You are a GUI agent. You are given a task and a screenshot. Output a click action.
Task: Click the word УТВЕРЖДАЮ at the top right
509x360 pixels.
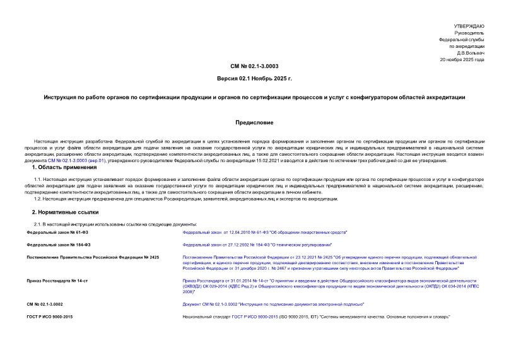[x=470, y=25]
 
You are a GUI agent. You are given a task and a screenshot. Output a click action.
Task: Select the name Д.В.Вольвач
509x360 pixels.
[x=471, y=53]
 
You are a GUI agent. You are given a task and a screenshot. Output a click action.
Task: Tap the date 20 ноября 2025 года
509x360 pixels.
[x=462, y=60]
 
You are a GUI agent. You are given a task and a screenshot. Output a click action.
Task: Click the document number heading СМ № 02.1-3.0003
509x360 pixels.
[x=254, y=66]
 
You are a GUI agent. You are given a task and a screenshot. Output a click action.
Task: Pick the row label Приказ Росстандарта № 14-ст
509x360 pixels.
[x=58, y=279]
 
